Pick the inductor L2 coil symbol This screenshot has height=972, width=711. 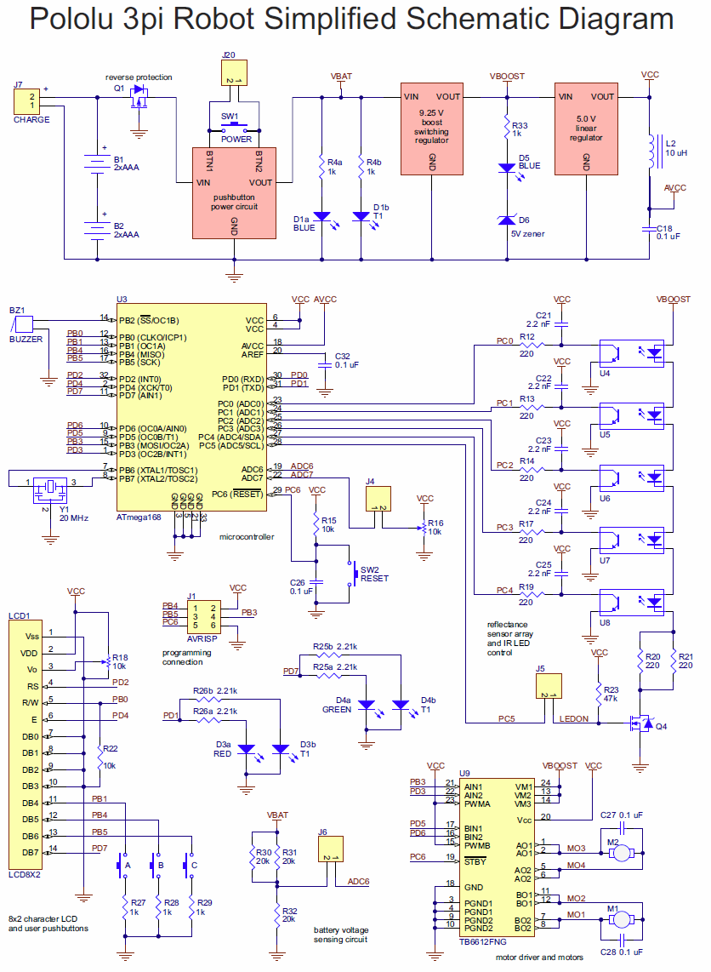pyautogui.click(x=651, y=152)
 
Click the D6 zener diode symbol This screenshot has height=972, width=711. pyautogui.click(x=506, y=220)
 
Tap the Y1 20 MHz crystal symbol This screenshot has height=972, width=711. pyautogui.click(x=50, y=487)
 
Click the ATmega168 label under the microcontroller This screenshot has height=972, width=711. pyautogui.click(x=139, y=517)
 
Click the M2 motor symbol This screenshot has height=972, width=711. pyautogui.click(x=623, y=851)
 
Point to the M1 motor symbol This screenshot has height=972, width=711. pyautogui.click(x=623, y=918)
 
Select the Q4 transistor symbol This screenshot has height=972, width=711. pyautogui.click(x=637, y=724)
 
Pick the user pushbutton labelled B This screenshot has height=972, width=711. pyautogui.click(x=156, y=866)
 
